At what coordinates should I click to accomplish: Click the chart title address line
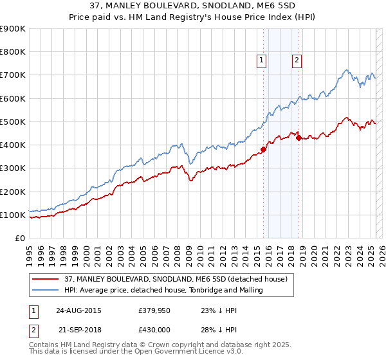(192, 6)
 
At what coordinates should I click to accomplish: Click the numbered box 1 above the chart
(262, 61)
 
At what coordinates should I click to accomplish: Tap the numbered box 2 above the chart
(297, 61)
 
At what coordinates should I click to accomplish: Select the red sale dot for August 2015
(263, 150)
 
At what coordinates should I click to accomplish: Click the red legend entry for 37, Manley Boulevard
(179, 279)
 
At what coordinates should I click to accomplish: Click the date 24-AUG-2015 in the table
(78, 310)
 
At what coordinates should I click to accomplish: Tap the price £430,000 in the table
(156, 328)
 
